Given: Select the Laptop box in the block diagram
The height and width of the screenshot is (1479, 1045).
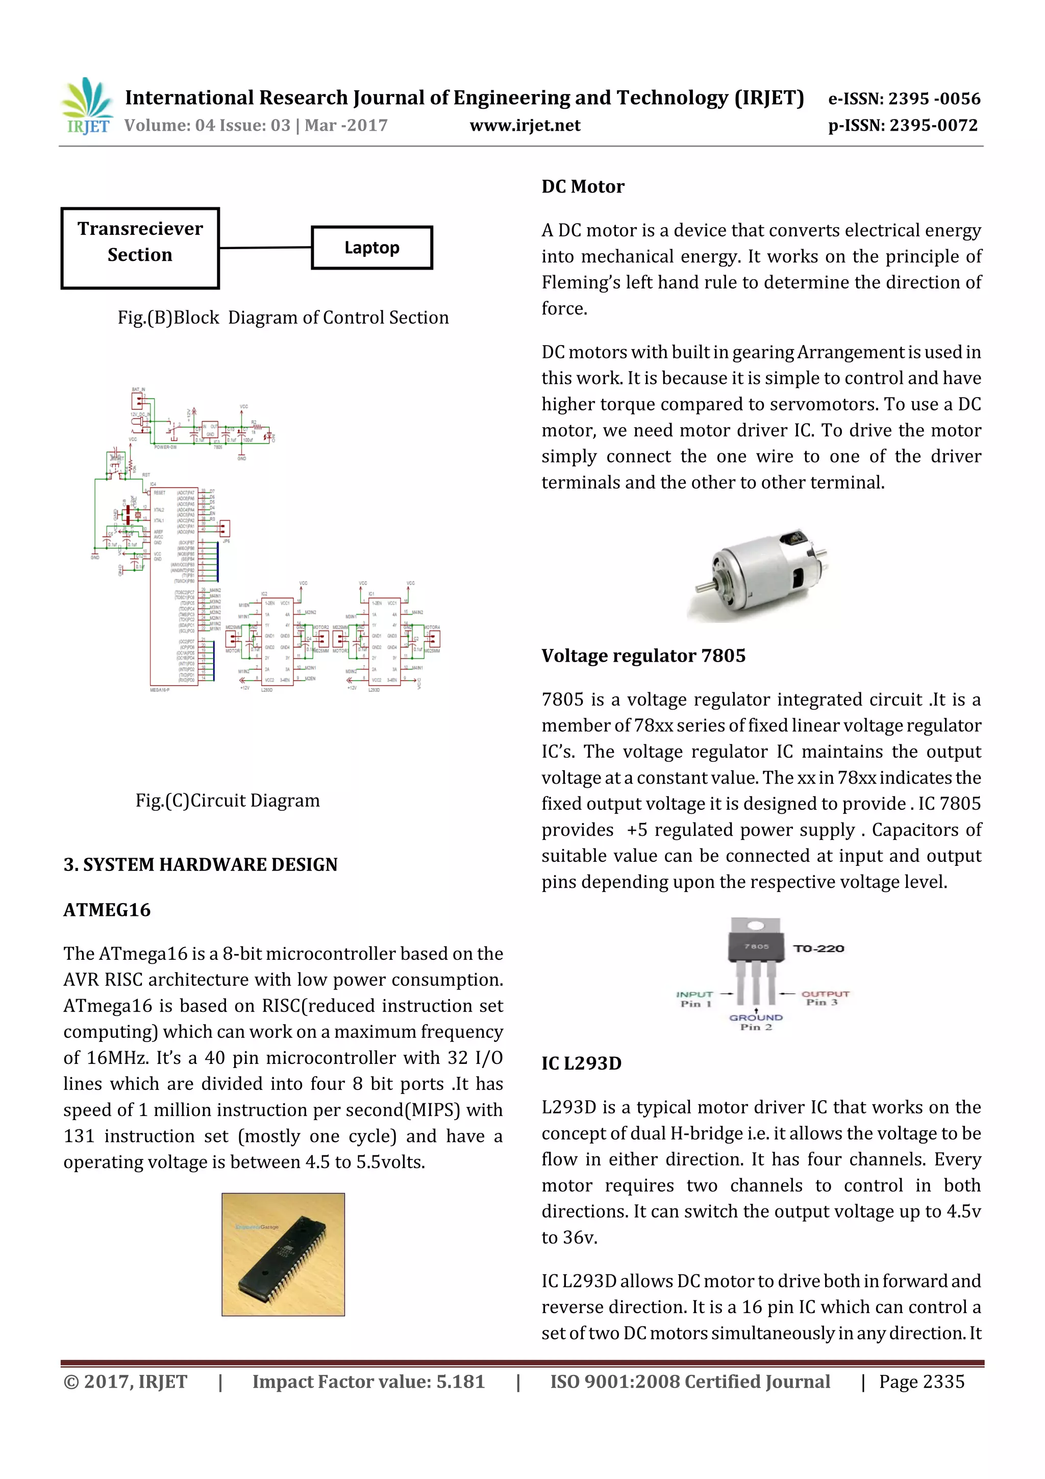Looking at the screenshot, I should (x=371, y=248).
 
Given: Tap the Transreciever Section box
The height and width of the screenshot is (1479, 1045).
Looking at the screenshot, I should (x=140, y=248).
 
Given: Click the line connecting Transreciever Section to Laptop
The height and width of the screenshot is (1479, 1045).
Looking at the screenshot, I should (x=265, y=248).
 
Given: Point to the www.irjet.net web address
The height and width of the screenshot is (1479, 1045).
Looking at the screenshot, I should (x=525, y=125).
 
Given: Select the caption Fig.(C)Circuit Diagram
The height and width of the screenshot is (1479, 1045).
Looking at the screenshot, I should (x=227, y=800).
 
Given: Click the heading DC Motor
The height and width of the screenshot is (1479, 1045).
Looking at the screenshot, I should (x=582, y=187).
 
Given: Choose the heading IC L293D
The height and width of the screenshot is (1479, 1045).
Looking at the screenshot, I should (x=581, y=1063).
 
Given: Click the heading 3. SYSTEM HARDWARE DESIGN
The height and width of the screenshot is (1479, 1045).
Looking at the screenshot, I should (x=200, y=864).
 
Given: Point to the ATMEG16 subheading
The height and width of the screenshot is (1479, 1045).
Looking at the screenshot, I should (x=107, y=910).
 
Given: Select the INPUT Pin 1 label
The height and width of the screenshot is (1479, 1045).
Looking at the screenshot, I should (x=694, y=999).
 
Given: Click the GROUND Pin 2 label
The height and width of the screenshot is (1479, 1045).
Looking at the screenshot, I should (x=755, y=1022).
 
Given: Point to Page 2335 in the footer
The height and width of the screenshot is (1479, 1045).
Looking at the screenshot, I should (x=922, y=1381).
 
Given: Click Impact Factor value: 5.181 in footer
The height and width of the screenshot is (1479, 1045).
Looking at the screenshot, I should (x=368, y=1381).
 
